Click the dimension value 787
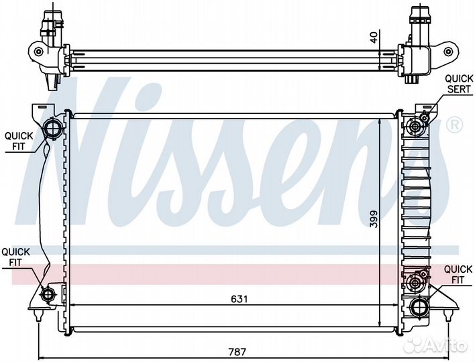[x=237, y=352]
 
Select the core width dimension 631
[x=240, y=299]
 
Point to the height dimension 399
[x=374, y=219]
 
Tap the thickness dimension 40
[x=375, y=38]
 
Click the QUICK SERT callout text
[x=459, y=84]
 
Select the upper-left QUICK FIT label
[x=19, y=141]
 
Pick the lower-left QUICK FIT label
[x=15, y=257]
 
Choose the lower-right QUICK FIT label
[x=458, y=274]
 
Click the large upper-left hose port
[x=53, y=129]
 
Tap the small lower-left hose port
[x=48, y=294]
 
